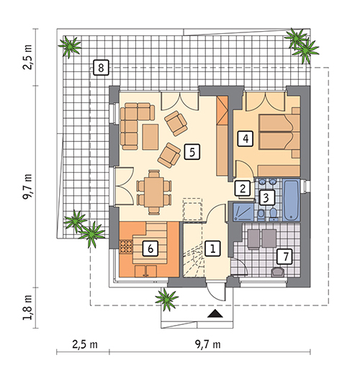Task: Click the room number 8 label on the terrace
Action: coord(101,68)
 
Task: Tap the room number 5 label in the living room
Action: coord(192,152)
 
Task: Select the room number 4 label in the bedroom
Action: coord(246,139)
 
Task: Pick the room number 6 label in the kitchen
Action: coord(150,249)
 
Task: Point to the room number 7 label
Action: coord(285,257)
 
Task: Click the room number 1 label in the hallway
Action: coord(212,249)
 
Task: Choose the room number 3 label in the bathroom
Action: coord(266,197)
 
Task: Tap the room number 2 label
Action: coord(243,188)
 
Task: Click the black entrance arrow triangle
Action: coord(215,313)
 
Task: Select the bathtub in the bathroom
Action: coord(292,200)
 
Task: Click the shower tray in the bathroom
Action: coord(243,212)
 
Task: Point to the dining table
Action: coord(153,192)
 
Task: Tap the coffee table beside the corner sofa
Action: coord(150,137)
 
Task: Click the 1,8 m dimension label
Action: coord(28,307)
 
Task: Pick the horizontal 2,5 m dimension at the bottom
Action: coord(85,344)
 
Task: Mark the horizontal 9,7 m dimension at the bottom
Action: coord(207,344)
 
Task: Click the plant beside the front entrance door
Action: coord(166,299)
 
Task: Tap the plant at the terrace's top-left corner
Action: coord(70,47)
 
